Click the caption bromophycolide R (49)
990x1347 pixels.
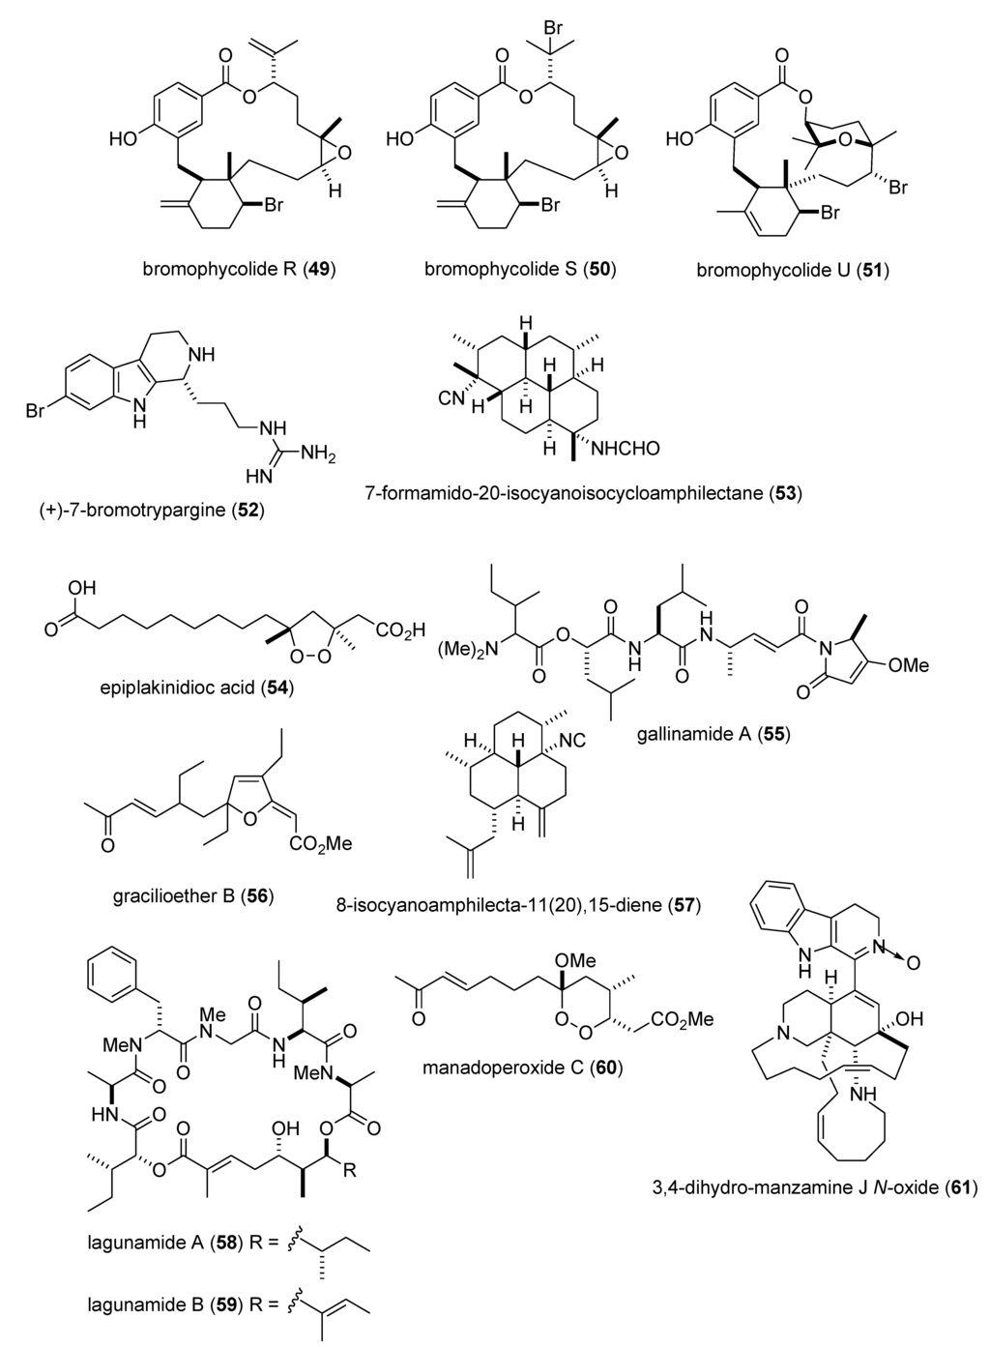coord(239,270)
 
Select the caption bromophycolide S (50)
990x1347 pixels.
coord(520,270)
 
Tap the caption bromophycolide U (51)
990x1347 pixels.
coord(793,271)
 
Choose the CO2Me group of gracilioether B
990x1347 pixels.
coord(320,844)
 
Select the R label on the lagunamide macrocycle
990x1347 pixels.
coord(350,1173)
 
